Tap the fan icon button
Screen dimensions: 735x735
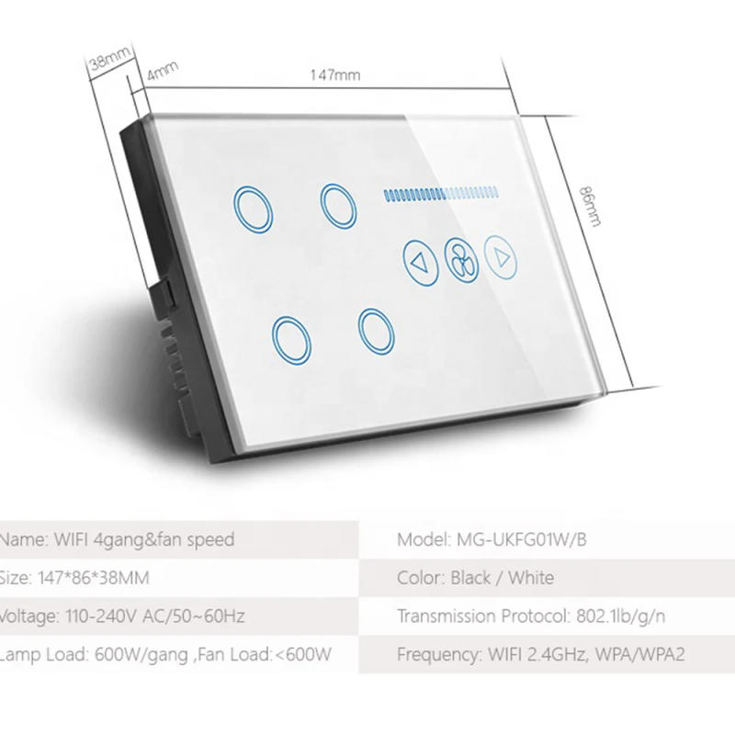pos(460,261)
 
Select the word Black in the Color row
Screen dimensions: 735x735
pos(476,578)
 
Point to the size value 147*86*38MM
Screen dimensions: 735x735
pos(94,578)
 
